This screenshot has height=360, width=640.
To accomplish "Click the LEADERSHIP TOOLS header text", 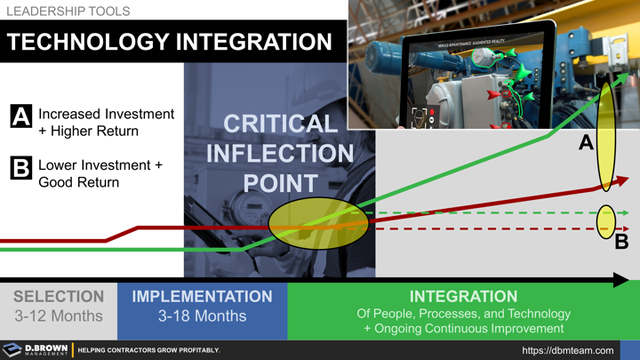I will pyautogui.click(x=68, y=12).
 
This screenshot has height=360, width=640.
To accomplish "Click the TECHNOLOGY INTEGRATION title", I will pyautogui.click(x=170, y=42).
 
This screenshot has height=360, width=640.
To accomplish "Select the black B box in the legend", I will pyautogui.click(x=21, y=168).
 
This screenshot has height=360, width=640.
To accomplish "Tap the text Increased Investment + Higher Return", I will pyautogui.click(x=105, y=123).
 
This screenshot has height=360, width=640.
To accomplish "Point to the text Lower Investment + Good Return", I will pyautogui.click(x=100, y=173).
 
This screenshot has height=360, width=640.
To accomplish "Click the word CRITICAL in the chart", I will pyautogui.click(x=280, y=124).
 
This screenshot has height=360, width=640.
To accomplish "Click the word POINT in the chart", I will pyautogui.click(x=280, y=183).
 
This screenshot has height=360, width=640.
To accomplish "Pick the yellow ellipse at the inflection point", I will pyautogui.click(x=318, y=223).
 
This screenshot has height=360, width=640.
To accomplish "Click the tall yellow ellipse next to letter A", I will pyautogui.click(x=606, y=132).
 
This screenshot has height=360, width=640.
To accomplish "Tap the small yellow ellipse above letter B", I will pyautogui.click(x=606, y=221).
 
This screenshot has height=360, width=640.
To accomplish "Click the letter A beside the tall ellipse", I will pyautogui.click(x=586, y=142).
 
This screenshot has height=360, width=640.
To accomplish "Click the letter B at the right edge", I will pyautogui.click(x=621, y=241).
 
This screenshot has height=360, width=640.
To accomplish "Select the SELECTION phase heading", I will pyautogui.click(x=59, y=297).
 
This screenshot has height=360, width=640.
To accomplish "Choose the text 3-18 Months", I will pyautogui.click(x=202, y=316).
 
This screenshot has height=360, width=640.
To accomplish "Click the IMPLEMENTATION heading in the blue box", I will pyautogui.click(x=202, y=297).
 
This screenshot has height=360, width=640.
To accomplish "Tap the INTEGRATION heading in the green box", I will pyautogui.click(x=463, y=297).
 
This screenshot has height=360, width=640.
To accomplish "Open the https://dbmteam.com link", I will pyautogui.click(x=567, y=350).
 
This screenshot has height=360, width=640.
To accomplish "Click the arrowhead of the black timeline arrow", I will pyautogui.click(x=622, y=281).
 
